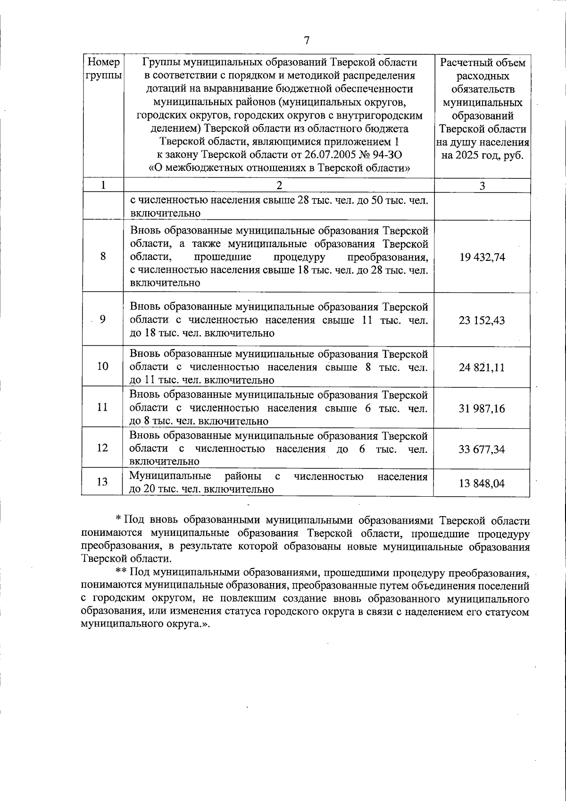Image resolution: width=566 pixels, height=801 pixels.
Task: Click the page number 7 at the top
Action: click(306, 41)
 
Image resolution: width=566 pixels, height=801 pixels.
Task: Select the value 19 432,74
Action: click(482, 258)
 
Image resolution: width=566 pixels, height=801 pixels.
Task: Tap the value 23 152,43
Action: click(482, 321)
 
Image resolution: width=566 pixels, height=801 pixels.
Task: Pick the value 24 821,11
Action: click(482, 367)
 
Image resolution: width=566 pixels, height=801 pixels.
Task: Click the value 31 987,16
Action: click(482, 409)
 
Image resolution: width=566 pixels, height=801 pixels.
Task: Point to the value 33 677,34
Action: click(482, 449)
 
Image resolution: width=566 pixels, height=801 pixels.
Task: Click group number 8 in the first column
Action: click(102, 257)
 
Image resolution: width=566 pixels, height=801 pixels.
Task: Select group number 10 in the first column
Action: click(102, 366)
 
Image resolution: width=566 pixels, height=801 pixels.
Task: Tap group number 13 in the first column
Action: click(102, 482)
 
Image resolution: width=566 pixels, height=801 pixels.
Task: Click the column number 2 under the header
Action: click(279, 185)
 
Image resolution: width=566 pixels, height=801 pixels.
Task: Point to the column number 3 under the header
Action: click(482, 186)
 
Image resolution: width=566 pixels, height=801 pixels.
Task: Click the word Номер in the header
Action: click(104, 62)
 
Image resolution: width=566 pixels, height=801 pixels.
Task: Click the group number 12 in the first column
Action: click(102, 448)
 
